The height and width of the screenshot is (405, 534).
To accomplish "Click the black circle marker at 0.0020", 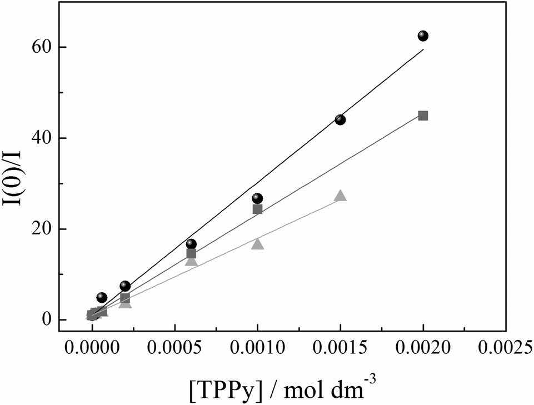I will pyautogui.click(x=423, y=36).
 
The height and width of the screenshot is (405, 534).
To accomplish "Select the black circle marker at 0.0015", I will pyautogui.click(x=340, y=119).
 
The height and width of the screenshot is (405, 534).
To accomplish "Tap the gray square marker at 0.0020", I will pyautogui.click(x=423, y=116).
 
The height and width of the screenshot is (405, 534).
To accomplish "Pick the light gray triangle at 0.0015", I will pyautogui.click(x=340, y=196).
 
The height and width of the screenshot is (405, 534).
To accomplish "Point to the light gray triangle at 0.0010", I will pyautogui.click(x=257, y=244).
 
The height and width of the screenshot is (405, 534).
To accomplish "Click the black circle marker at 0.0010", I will pyautogui.click(x=257, y=198).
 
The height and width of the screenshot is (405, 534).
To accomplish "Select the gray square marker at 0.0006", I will pyautogui.click(x=191, y=254).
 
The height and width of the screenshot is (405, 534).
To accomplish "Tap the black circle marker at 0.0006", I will pyautogui.click(x=191, y=244).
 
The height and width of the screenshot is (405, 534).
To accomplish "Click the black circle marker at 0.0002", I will pyautogui.click(x=125, y=286).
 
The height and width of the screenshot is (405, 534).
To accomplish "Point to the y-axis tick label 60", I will pyautogui.click(x=42, y=47).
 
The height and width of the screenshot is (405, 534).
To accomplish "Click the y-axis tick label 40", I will pyautogui.click(x=42, y=138).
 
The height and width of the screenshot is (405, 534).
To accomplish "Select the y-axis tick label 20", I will pyautogui.click(x=42, y=229).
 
